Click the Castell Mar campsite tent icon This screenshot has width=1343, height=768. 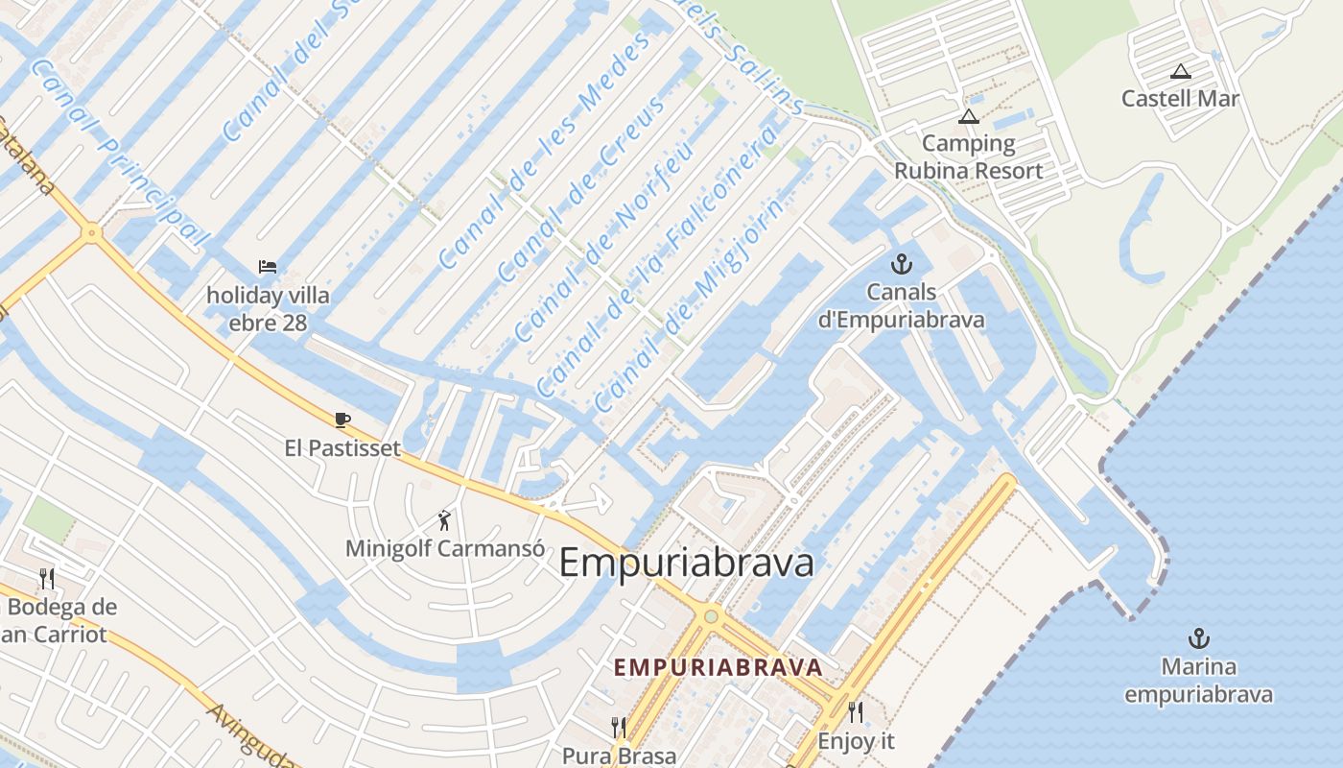click(x=1180, y=71)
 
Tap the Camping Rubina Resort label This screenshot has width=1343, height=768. click(x=968, y=157)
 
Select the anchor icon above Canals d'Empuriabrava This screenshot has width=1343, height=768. click(x=901, y=263)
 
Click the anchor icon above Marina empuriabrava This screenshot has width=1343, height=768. click(x=1198, y=638)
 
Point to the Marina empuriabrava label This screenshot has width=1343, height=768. click(x=1198, y=681)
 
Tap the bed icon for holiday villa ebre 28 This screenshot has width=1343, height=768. click(x=268, y=266)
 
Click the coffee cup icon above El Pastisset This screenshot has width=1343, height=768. click(x=342, y=420)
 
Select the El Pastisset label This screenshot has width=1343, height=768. click(x=342, y=447)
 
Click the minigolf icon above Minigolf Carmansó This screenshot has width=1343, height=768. click(x=444, y=520)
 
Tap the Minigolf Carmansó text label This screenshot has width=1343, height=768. click(x=445, y=549)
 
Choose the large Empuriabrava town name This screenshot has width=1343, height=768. click(x=686, y=563)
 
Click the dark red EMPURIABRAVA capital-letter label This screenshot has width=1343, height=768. click(x=718, y=667)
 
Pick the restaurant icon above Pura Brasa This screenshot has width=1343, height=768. click(x=619, y=727)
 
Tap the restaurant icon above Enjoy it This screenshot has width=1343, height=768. click(x=855, y=712)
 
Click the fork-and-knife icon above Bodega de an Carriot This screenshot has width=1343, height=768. click(x=46, y=578)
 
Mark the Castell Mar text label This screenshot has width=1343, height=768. click(x=1180, y=98)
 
